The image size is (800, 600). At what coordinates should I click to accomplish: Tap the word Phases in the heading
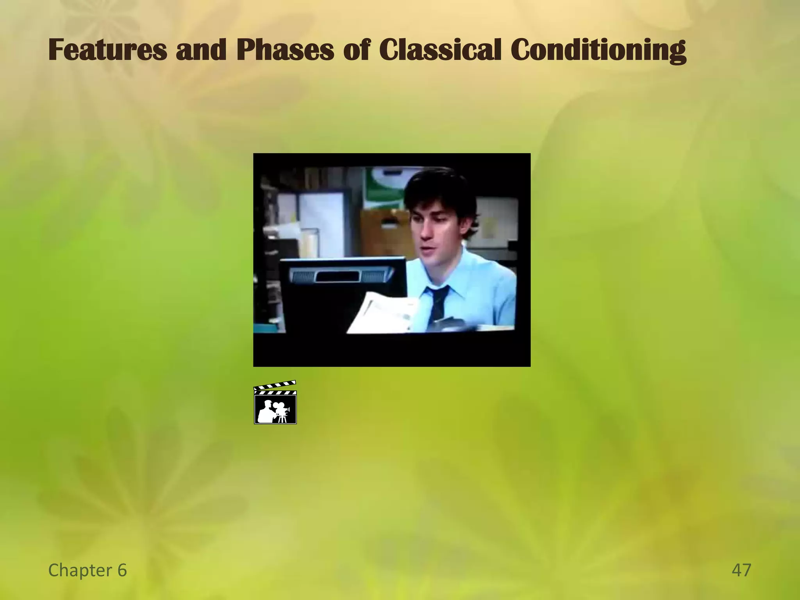[x=285, y=50]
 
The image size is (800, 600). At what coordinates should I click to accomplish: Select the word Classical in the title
[x=439, y=50]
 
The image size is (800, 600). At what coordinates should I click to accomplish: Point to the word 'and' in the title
[x=201, y=50]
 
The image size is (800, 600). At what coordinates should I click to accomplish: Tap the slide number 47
[x=741, y=570]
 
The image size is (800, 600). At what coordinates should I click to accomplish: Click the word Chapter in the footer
[x=80, y=570]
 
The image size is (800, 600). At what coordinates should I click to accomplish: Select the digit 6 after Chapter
[x=122, y=570]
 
